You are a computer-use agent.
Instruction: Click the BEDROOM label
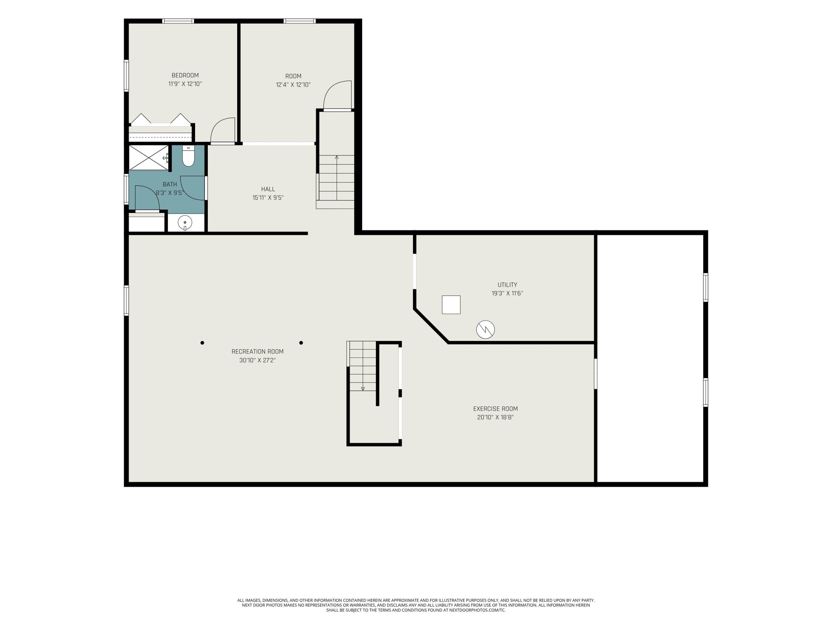[185, 75]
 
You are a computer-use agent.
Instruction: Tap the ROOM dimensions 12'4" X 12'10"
[293, 84]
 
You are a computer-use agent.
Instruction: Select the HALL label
[268, 189]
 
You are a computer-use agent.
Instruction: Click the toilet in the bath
[188, 156]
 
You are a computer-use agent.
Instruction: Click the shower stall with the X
[149, 158]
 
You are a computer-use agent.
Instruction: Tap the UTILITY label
[507, 285]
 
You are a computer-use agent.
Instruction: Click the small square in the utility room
[451, 305]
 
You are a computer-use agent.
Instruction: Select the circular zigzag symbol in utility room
[485, 330]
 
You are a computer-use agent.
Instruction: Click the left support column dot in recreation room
[202, 343]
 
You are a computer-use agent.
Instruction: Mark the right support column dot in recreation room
[301, 343]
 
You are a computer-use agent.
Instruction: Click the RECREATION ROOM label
[258, 351]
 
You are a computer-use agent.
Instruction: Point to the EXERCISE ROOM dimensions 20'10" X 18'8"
[495, 417]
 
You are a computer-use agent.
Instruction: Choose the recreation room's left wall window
[126, 301]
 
